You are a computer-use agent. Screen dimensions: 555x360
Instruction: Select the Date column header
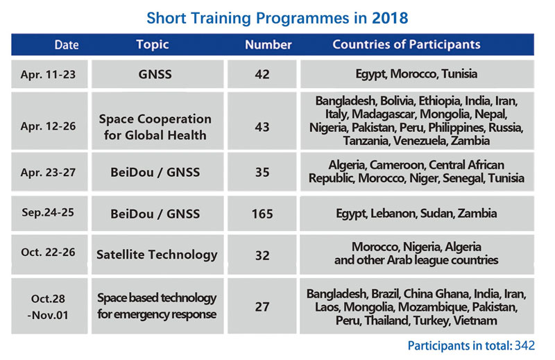point(67,44)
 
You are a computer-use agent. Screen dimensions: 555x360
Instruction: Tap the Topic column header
point(153,44)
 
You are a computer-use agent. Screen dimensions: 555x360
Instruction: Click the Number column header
point(268,44)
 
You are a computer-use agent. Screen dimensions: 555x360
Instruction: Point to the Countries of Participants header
point(407,44)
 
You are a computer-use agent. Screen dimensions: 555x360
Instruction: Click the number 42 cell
point(262,74)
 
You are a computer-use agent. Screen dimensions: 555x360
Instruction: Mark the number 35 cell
point(262,173)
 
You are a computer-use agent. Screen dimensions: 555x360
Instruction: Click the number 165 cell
point(262,214)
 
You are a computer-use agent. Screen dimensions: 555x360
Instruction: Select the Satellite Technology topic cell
point(157,255)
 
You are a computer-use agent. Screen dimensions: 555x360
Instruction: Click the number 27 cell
point(262,307)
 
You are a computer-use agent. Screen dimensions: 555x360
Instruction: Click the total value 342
point(524,345)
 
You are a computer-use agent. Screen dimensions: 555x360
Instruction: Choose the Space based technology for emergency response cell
point(157,306)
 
